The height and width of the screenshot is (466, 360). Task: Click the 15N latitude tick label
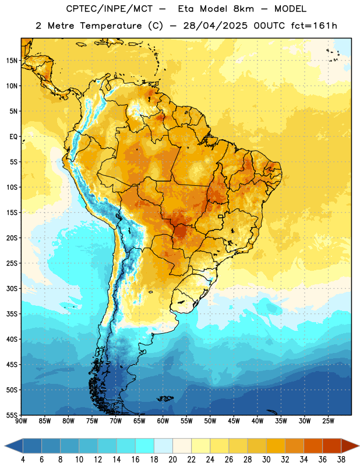(12, 61)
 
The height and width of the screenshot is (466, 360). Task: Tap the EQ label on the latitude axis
(13, 137)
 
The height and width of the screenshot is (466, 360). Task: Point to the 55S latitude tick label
(12, 415)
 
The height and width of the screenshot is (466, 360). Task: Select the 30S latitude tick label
(12, 288)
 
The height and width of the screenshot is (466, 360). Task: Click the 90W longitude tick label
(21, 421)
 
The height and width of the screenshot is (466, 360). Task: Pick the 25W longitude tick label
(328, 421)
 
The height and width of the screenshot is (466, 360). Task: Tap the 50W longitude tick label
(210, 421)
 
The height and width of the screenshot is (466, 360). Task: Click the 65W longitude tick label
(139, 421)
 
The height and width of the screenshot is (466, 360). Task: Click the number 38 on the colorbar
(341, 460)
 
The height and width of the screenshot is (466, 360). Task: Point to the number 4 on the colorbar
(23, 460)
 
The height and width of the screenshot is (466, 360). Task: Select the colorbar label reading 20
(172, 460)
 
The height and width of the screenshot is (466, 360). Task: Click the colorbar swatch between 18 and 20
(164, 446)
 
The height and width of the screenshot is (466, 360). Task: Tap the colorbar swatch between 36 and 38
(332, 446)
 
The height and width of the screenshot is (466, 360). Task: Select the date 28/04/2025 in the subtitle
(216, 26)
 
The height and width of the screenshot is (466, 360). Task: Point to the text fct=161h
(314, 26)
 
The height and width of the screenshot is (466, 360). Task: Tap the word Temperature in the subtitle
(111, 26)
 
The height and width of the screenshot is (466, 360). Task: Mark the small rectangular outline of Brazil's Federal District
(221, 216)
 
